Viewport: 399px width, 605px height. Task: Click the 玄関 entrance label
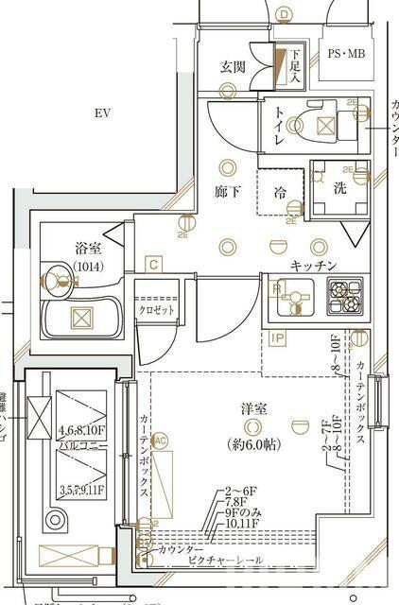pos(233,66)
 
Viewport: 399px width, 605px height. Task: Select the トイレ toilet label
pos(281,126)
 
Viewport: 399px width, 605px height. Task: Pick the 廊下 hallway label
pos(227,192)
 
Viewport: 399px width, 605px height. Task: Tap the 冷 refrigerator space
pos(281,192)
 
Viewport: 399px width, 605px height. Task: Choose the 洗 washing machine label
pos(338,187)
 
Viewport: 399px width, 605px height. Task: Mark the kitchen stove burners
pos(345,295)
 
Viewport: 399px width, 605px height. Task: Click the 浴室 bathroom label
pos(87,249)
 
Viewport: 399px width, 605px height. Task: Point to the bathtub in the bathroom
pos(81,320)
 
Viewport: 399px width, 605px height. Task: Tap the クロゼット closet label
pos(154,308)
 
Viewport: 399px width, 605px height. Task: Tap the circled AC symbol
pos(160,440)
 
